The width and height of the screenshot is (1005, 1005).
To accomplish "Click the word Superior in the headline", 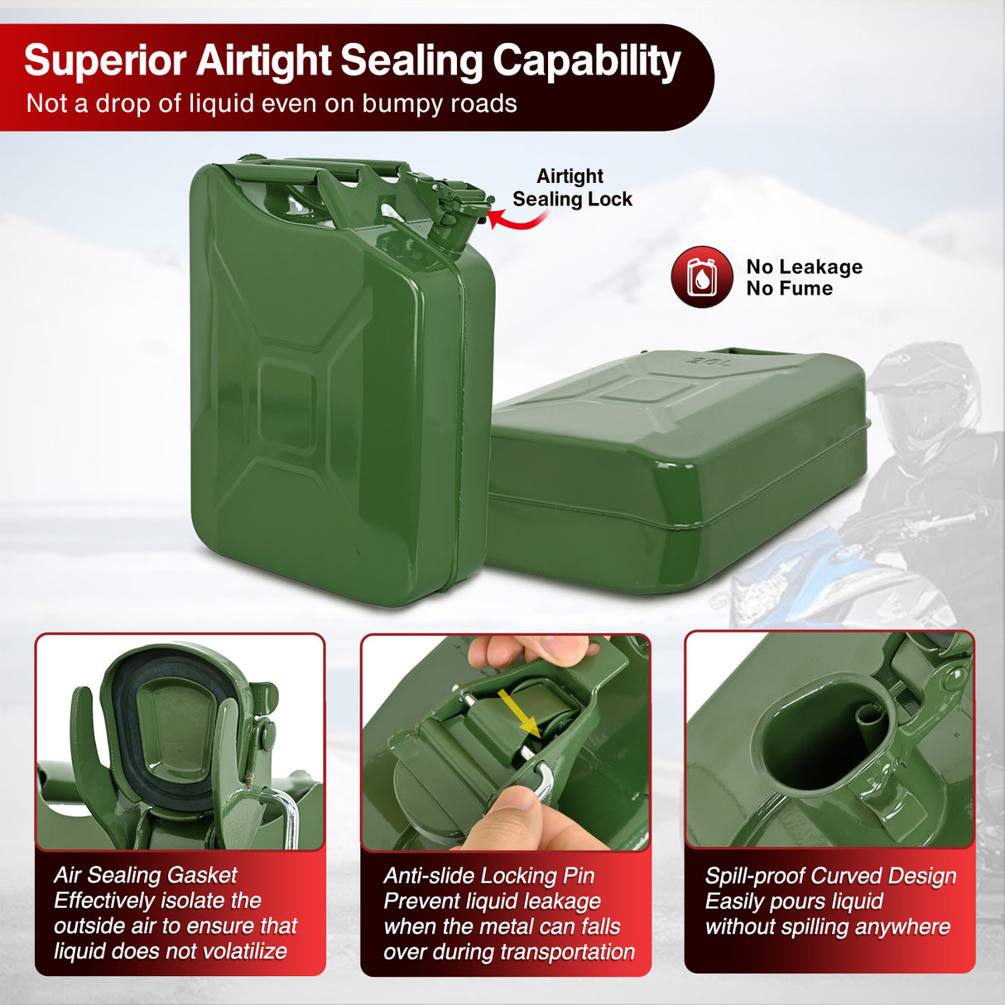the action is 105,61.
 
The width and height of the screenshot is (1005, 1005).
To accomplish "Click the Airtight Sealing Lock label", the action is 572,188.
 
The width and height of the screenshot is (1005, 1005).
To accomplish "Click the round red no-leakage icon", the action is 702,276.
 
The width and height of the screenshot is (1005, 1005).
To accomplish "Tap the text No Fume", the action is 790,288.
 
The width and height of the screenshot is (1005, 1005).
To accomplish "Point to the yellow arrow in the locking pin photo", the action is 519,714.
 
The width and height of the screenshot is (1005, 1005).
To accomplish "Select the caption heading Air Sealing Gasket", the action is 146,876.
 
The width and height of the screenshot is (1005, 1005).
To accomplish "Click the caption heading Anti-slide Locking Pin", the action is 488,876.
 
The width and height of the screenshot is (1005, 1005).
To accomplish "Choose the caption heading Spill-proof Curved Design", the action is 830,876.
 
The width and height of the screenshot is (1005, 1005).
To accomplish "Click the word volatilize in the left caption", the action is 244,951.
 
